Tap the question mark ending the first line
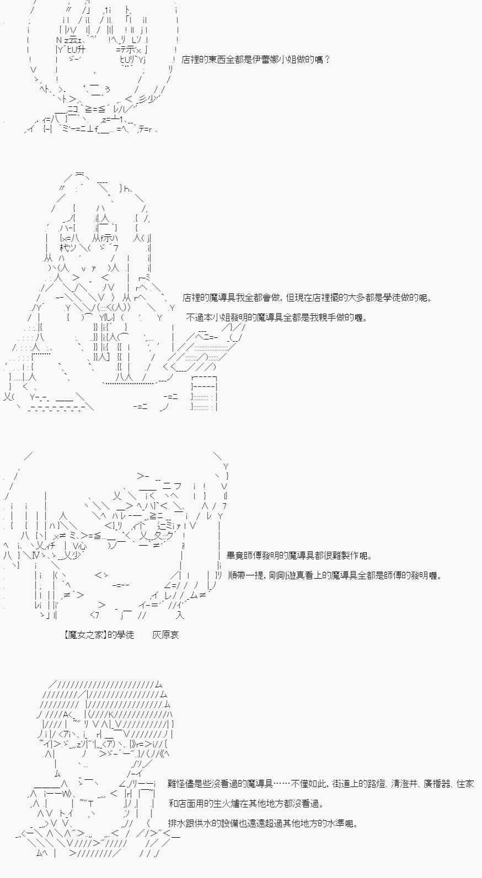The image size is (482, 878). tap(328, 60)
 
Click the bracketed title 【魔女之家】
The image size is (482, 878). tap(85, 634)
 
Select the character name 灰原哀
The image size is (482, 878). tap(166, 634)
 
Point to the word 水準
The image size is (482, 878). tap(335, 823)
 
